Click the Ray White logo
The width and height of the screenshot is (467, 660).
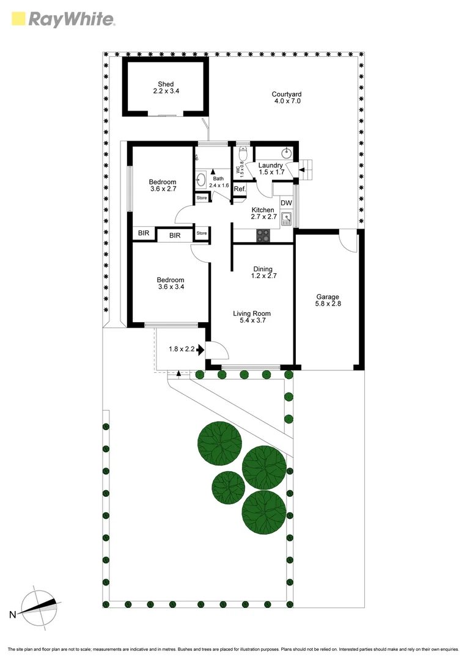63,20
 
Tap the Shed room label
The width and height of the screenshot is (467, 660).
166,84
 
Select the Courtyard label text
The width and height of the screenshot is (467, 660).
287,94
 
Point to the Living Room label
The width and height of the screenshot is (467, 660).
251,313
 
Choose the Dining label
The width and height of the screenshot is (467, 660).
263,269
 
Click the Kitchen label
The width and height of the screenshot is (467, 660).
263,210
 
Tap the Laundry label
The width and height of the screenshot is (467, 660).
270,165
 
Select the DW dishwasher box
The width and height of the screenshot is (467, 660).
285,203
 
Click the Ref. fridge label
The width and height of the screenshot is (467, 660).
240,189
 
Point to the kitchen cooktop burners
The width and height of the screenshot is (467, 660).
264,235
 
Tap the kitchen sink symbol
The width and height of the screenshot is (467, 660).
285,219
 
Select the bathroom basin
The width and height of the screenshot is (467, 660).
200,180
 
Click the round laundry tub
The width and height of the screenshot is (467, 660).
285,152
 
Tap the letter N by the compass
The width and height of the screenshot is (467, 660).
11,614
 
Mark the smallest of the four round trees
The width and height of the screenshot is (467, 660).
228,487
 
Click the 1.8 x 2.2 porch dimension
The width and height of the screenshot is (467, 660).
182,350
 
